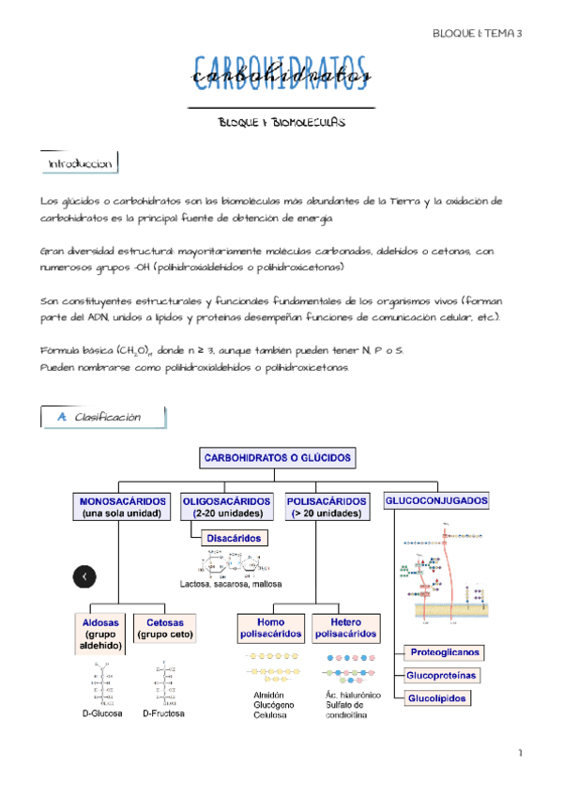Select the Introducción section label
81,164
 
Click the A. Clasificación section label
103,417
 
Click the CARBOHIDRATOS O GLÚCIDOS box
277,458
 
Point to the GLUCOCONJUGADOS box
436,502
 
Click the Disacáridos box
233,538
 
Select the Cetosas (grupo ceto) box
164,627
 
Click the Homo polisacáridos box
271,627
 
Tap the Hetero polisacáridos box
347,627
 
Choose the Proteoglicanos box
443,651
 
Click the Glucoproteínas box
441,675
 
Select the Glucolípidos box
435,698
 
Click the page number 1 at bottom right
519,754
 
